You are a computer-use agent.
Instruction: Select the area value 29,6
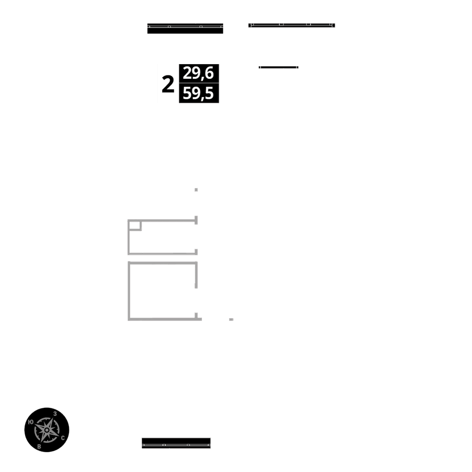198,74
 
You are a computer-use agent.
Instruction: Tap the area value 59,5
198,94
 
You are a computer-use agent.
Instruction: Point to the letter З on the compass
55,414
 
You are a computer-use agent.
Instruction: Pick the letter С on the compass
63,438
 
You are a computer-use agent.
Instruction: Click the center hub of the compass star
47,430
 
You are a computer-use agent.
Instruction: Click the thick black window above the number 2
185,28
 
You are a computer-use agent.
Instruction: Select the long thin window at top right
292,25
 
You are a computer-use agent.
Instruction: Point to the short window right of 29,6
278,67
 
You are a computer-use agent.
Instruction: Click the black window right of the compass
176,443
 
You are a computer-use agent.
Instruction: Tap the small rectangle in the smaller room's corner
135,225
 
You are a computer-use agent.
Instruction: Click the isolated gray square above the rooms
196,190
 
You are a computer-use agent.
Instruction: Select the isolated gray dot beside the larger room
231,320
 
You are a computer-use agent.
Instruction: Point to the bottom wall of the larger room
163,320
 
